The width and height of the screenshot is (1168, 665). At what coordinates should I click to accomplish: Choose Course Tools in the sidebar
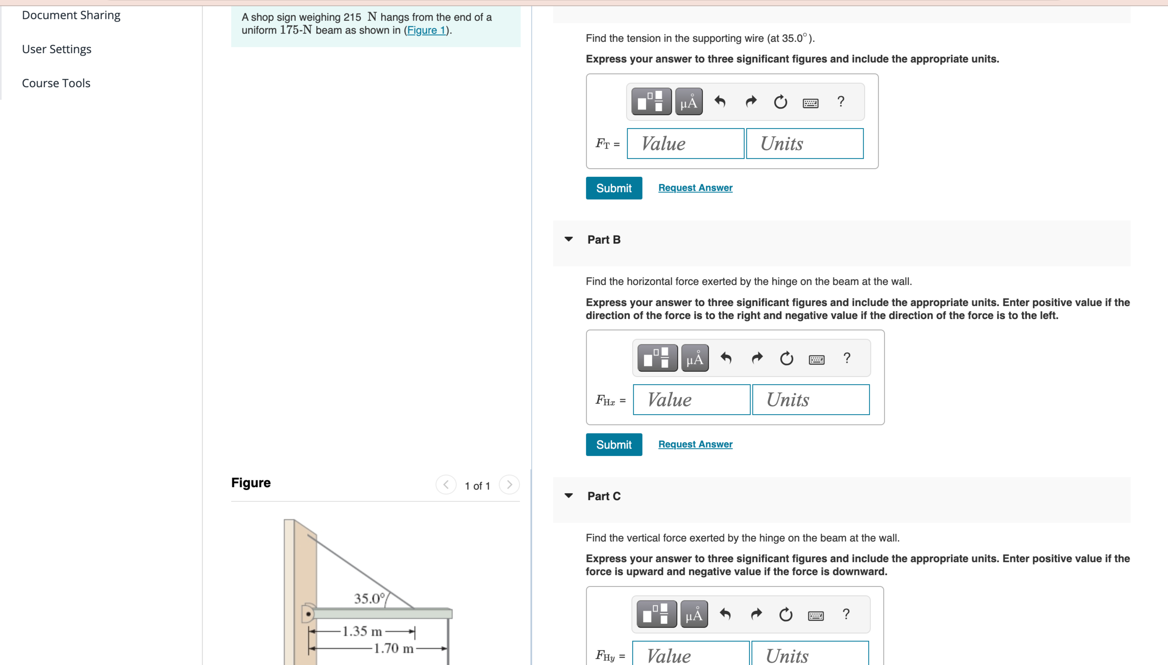56,83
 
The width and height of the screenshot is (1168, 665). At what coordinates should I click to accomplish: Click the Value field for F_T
685,144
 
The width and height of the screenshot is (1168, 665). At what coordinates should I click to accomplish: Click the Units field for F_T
804,144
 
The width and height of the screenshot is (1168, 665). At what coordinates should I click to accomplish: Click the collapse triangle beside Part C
568,496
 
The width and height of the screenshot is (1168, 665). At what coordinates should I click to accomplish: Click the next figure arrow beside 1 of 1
509,485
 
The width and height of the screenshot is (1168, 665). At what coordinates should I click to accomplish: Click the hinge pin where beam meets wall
308,614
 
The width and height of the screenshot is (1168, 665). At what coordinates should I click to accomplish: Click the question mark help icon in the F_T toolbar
840,101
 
